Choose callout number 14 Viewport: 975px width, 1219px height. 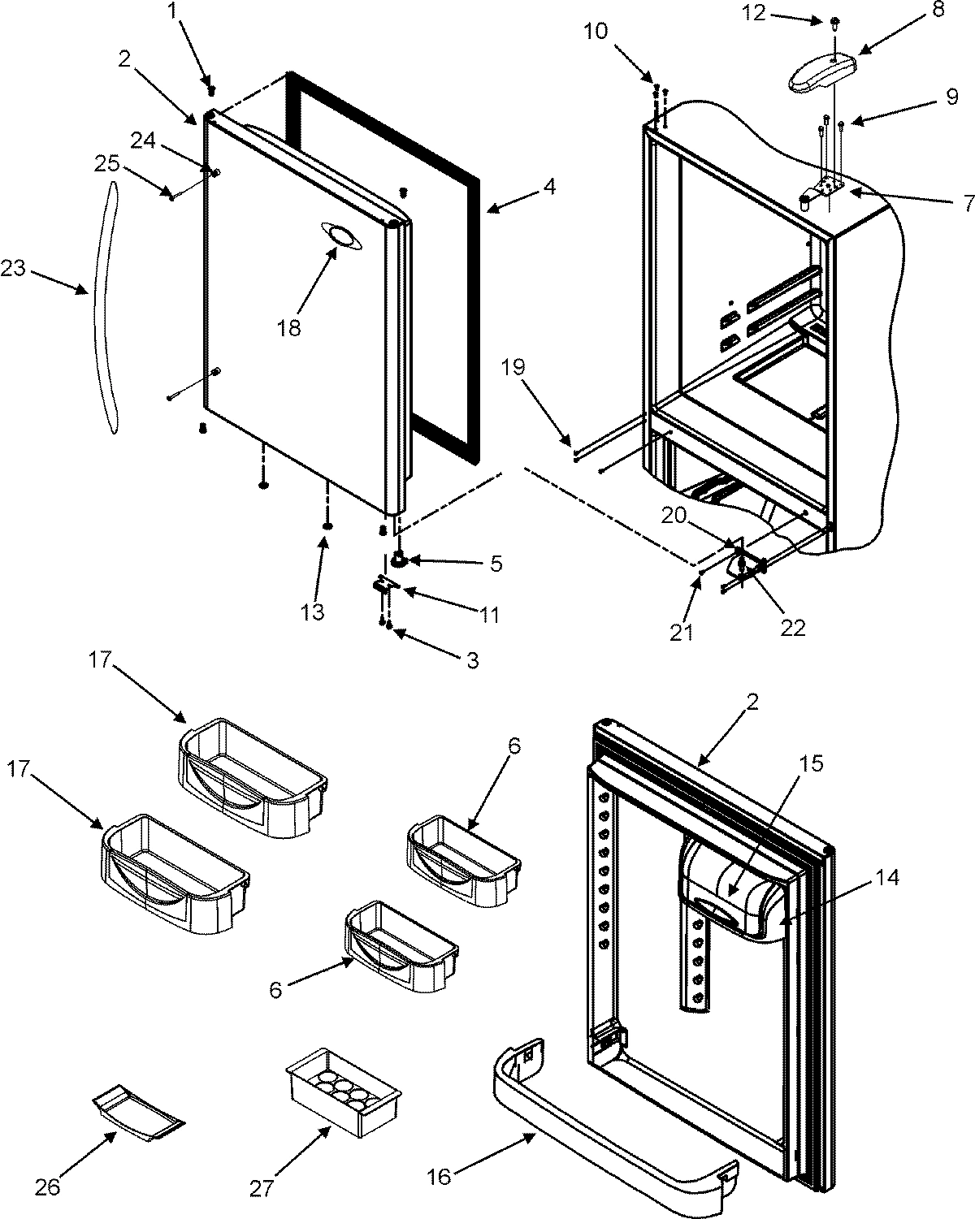click(x=888, y=878)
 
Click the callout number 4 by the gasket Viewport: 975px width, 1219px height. click(x=549, y=186)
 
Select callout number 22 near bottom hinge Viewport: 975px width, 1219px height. click(x=793, y=627)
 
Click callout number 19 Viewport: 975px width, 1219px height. click(x=536, y=367)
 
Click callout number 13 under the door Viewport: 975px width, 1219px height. click(x=313, y=611)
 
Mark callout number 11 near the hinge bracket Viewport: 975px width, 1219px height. click(x=489, y=615)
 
